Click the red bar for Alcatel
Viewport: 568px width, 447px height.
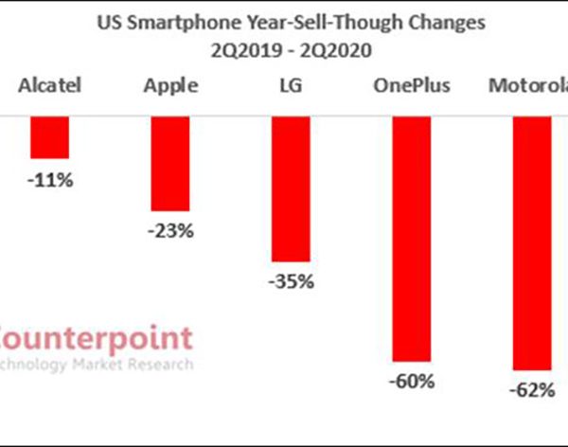coord(49,136)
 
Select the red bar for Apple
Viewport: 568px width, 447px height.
coord(170,162)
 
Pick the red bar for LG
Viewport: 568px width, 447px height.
coord(291,188)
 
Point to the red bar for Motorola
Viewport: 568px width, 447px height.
coord(532,241)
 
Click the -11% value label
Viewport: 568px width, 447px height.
coord(50,179)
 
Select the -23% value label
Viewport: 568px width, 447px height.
coord(170,231)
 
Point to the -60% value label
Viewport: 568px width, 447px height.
coord(412,383)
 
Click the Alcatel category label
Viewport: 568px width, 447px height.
coord(50,86)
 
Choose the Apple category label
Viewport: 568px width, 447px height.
coord(170,86)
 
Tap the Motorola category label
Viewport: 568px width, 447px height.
coord(527,86)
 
